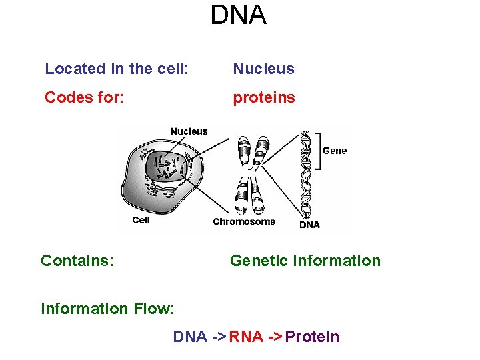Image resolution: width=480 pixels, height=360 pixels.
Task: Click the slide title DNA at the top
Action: click(239, 15)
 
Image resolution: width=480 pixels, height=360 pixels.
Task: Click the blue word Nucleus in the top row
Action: click(263, 69)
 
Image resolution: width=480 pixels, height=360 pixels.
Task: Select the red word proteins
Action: click(263, 98)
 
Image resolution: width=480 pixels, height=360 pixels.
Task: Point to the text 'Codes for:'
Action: click(84, 98)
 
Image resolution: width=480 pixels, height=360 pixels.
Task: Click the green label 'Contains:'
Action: click(77, 261)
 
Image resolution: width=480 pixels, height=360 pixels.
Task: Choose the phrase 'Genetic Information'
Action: click(305, 261)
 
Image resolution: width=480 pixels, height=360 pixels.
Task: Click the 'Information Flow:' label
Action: click(107, 309)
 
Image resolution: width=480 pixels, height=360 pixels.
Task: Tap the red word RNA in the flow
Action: click(245, 337)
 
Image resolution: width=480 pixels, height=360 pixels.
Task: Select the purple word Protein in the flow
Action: click(312, 337)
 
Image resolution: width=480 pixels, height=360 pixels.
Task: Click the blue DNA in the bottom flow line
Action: click(190, 337)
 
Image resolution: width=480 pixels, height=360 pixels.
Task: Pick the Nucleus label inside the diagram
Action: click(189, 131)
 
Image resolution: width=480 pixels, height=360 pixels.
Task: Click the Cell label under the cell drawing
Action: click(141, 220)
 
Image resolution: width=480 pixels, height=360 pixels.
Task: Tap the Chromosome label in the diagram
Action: click(243, 222)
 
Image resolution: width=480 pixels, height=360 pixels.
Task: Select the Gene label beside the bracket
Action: click(334, 151)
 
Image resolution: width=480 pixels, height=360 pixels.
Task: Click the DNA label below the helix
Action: click(309, 225)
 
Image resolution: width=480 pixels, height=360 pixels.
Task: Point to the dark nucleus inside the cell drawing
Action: click(167, 166)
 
